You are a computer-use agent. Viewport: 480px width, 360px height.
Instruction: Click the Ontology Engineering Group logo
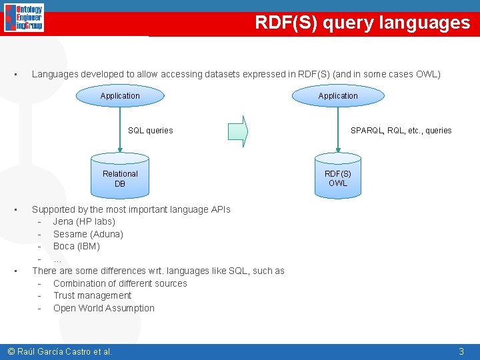click(24, 17)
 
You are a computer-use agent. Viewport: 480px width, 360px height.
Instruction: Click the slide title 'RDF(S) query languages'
click(362, 23)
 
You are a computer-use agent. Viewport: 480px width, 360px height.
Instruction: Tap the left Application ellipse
click(120, 96)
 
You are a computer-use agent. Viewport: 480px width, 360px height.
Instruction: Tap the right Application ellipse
click(338, 96)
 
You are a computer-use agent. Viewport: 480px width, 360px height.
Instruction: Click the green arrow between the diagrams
click(237, 131)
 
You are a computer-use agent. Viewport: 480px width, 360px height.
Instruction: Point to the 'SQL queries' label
click(150, 131)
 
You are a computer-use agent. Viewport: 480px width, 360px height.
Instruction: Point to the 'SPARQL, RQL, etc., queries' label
click(401, 131)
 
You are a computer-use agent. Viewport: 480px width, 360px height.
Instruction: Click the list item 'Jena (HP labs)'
click(84, 221)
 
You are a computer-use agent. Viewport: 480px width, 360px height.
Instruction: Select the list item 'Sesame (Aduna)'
click(88, 234)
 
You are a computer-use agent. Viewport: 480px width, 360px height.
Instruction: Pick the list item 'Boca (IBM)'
click(77, 246)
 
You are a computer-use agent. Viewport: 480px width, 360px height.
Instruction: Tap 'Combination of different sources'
click(120, 283)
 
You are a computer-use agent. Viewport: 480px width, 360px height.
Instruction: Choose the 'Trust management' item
click(93, 295)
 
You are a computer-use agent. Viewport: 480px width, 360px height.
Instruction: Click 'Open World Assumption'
click(103, 308)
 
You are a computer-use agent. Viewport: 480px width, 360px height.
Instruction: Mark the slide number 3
click(461, 351)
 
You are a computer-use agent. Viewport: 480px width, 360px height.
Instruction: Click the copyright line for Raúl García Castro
click(59, 351)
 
